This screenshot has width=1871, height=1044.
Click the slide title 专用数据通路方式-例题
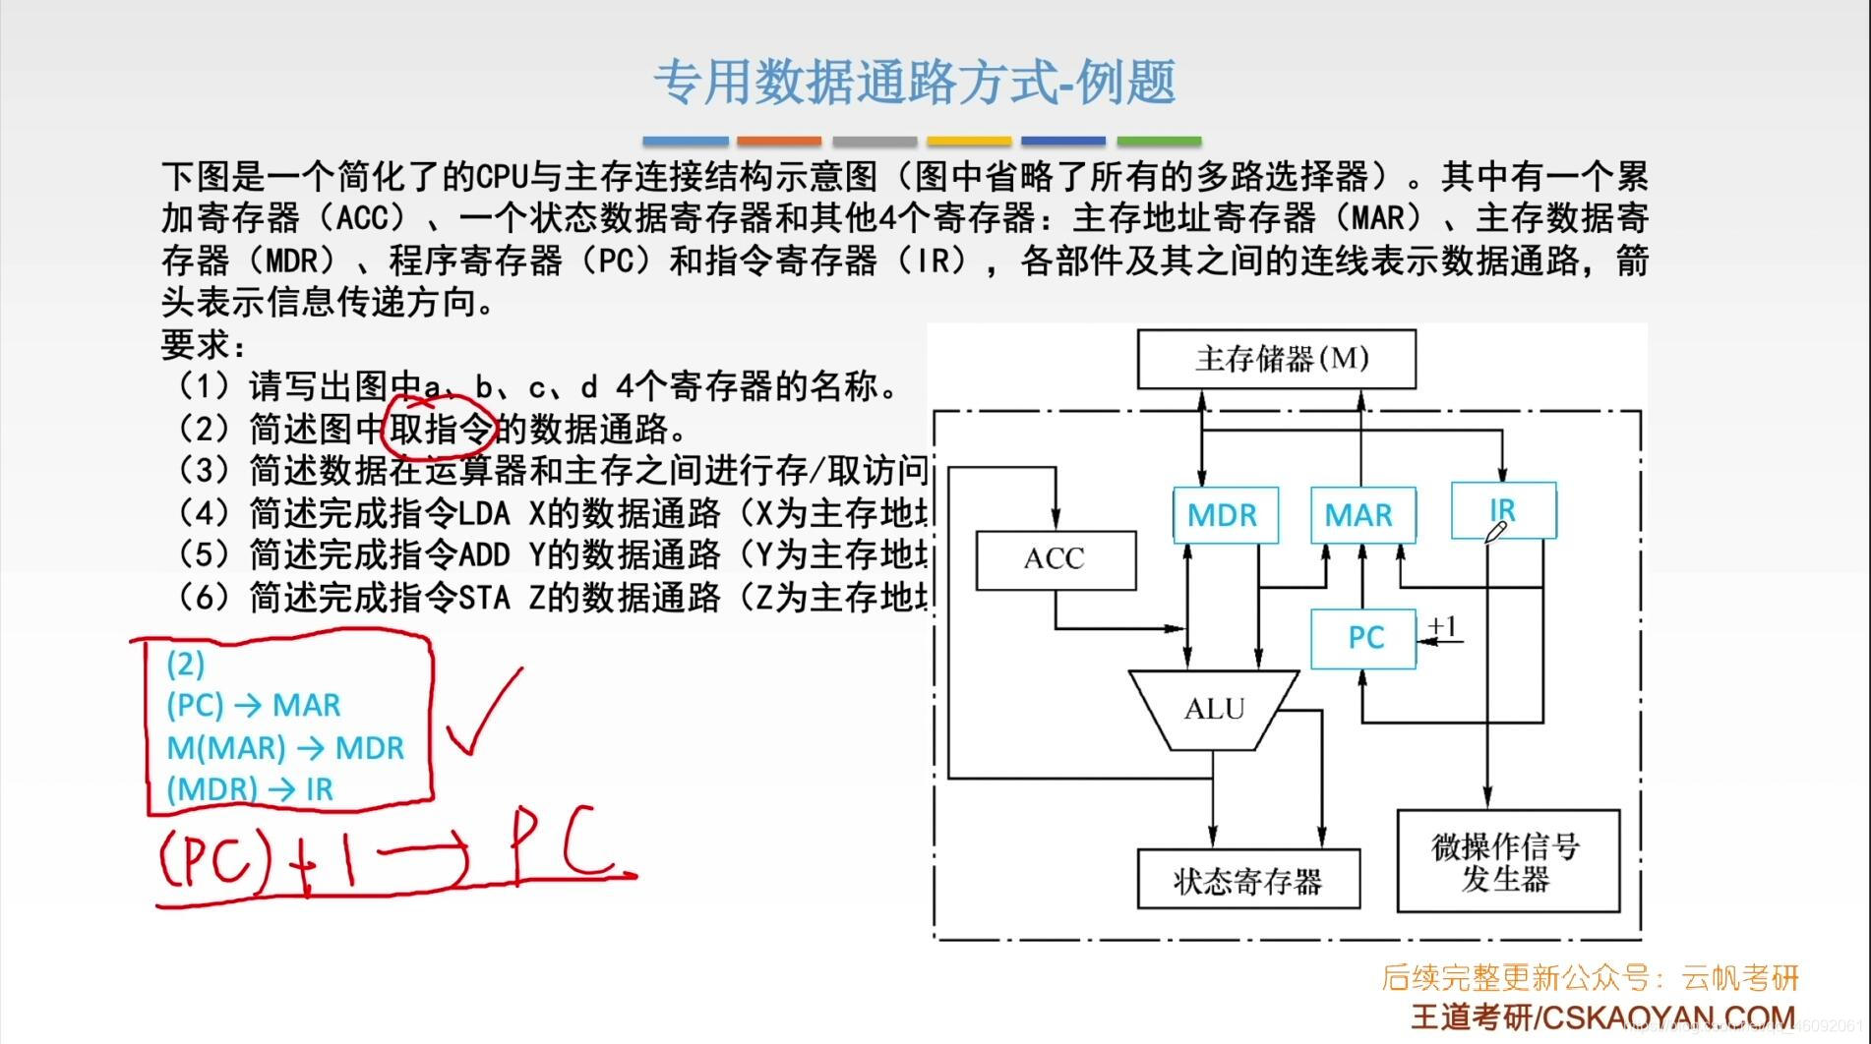(915, 82)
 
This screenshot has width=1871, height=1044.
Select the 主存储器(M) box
(1276, 359)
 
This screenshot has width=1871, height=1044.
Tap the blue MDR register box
(1225, 514)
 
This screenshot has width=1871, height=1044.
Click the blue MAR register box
(1362, 514)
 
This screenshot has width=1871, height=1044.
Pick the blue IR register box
(1503, 510)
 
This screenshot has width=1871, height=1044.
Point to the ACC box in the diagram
(1055, 559)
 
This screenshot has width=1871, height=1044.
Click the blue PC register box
(1363, 638)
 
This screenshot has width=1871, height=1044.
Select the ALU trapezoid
(1214, 709)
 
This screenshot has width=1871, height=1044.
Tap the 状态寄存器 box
(1247, 880)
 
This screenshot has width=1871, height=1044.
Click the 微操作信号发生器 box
(1506, 861)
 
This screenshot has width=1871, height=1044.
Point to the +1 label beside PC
(1443, 626)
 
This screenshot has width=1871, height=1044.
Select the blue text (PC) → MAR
(254, 705)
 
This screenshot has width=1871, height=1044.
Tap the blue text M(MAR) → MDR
(285, 748)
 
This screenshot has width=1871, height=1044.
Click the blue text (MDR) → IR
(250, 789)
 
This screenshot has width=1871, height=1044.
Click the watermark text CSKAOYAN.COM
(1668, 1017)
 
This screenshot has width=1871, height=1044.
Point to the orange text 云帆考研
(1739, 977)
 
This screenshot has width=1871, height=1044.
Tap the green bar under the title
(1158, 142)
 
